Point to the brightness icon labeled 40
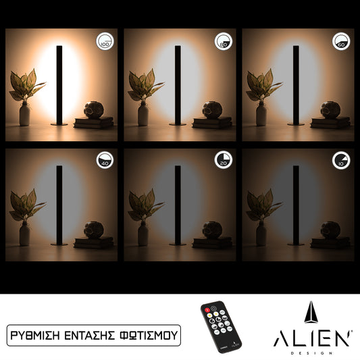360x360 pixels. point(104,161)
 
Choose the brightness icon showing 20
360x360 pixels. point(223,161)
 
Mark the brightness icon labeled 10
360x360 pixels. point(341,161)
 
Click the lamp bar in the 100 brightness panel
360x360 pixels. point(59,84)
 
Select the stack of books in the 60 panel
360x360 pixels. point(331,122)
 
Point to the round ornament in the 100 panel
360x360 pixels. point(93,109)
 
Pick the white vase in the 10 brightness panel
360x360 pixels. point(261,234)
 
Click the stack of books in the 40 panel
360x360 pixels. point(93,242)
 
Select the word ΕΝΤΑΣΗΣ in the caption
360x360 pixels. point(97,334)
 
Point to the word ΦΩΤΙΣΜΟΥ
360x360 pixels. point(151,334)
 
